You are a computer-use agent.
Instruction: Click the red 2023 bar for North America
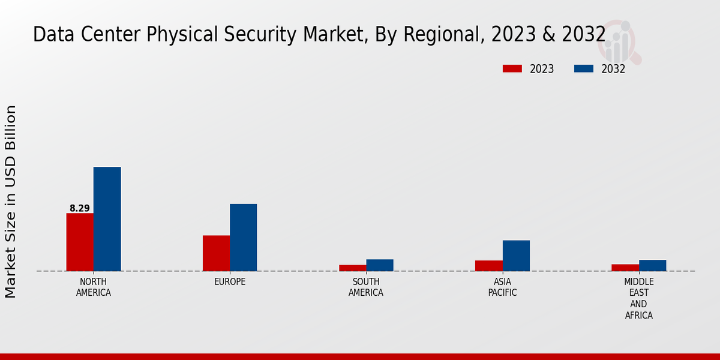point(80,242)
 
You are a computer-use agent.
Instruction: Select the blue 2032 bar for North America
point(107,219)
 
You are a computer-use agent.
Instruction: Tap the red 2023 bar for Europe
point(216,253)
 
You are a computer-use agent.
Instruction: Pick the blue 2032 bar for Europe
point(243,238)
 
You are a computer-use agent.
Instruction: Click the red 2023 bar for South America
point(352,268)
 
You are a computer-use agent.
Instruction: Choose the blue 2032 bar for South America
point(380,265)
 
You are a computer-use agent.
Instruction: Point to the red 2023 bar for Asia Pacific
point(489,266)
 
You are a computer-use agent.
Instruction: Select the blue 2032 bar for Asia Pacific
point(516,256)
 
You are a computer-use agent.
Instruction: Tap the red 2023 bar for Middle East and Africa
point(625,268)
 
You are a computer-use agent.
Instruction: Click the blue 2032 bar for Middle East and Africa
point(652,265)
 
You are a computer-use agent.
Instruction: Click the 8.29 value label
point(80,208)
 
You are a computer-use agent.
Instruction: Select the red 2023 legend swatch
point(512,68)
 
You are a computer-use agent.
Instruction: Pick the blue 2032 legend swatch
point(583,68)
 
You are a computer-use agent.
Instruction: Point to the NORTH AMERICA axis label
point(94,287)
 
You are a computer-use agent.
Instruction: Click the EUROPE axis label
point(230,281)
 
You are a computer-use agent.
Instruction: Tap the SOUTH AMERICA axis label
point(366,287)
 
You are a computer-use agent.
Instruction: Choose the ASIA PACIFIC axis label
point(503,287)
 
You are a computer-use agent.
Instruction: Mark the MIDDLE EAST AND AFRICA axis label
point(639,298)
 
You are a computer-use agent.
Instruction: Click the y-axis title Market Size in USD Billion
point(11,201)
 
